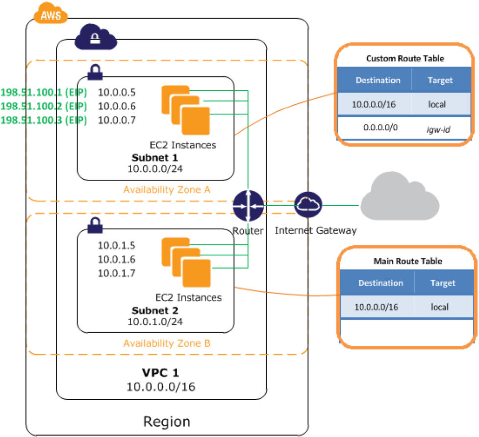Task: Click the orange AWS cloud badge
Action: pos(50,15)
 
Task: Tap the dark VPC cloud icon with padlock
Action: pos(96,39)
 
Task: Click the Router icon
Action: pos(249,205)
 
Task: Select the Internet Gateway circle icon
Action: pos(308,205)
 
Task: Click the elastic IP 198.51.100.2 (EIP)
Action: pos(44,106)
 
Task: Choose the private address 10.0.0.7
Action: pos(117,120)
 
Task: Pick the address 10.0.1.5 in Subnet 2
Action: pos(117,245)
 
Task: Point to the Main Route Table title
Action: pos(407,261)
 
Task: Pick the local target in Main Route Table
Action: pos(439,307)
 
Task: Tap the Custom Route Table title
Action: pos(405,58)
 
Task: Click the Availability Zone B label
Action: pos(167,343)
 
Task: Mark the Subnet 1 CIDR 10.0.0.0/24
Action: pos(155,169)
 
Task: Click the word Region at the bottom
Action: pos(166,421)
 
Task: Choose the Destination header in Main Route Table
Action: pos(380,283)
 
